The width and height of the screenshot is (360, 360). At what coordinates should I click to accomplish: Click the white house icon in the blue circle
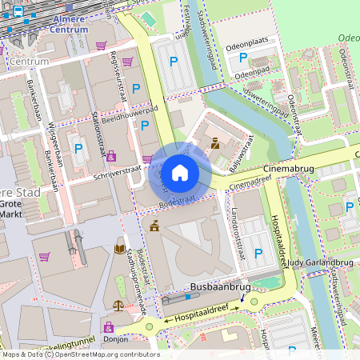[180, 173]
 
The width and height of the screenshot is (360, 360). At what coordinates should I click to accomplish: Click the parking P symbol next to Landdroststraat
[258, 253]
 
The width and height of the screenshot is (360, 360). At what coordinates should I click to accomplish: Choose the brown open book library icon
[120, 248]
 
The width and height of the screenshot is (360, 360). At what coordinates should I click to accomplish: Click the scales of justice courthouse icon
[118, 305]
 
